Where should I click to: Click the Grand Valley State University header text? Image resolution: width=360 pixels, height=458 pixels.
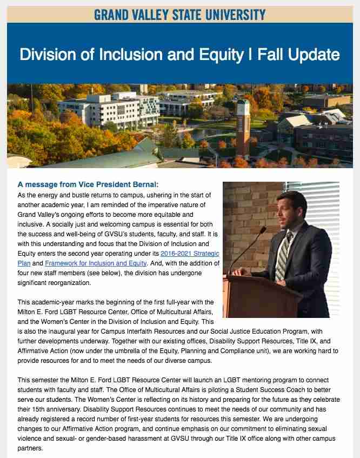click(179, 14)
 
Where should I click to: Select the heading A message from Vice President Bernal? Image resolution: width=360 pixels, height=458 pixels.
click(88, 184)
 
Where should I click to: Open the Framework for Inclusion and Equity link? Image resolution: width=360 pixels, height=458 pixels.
click(96, 263)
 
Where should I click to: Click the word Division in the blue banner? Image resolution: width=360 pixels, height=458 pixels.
click(46, 55)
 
